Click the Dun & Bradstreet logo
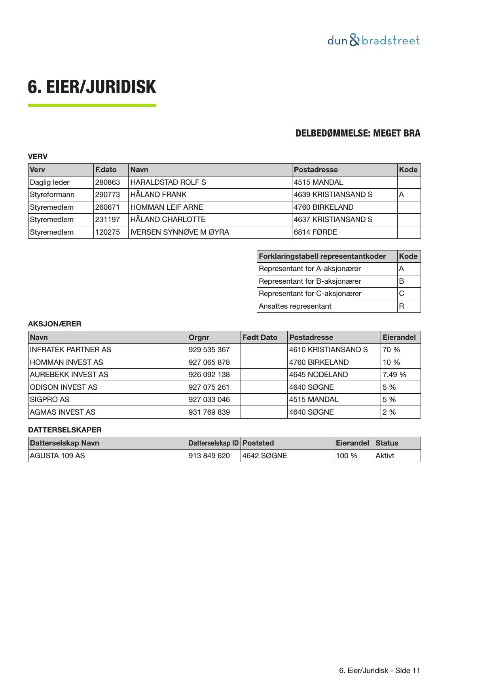373,40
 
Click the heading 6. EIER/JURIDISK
92,87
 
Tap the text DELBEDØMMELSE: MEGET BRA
358,133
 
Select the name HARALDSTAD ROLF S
168,182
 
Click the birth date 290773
107,195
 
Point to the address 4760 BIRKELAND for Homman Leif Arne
323,207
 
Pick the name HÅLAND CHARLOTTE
168,220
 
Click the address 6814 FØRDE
315,232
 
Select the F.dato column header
106,170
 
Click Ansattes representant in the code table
295,306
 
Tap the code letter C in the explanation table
402,294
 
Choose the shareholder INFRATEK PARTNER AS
70,350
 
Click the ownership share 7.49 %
394,375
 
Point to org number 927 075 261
209,387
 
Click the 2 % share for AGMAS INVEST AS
389,412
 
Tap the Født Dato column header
260,338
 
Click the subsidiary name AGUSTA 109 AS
57,456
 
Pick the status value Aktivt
385,456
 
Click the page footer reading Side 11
379,671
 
